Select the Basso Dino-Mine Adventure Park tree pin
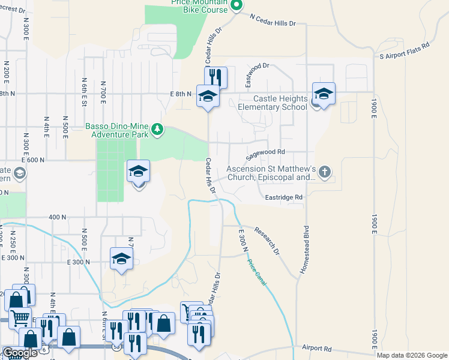157,128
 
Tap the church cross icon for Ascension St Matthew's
324,173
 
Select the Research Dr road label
267,239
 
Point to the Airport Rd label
317,347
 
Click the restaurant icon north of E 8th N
215,77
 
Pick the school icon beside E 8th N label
208,96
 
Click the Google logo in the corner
19,353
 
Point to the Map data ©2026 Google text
412,355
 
